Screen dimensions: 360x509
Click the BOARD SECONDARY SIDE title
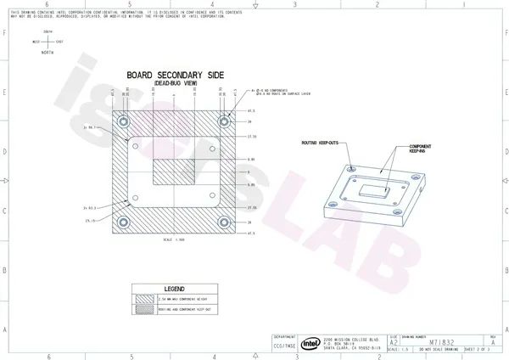(x=175, y=75)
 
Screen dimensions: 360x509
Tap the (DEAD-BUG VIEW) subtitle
(x=175, y=83)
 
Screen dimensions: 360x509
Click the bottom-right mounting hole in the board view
(x=225, y=222)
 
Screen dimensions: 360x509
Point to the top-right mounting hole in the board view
(x=225, y=121)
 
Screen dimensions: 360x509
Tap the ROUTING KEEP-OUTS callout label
(x=319, y=143)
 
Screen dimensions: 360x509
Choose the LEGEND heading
(x=174, y=289)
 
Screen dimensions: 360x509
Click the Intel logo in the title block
(x=310, y=343)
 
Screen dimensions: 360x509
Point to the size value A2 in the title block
(x=393, y=343)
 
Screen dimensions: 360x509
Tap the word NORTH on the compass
(x=48, y=53)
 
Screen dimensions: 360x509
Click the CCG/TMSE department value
(x=284, y=346)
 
